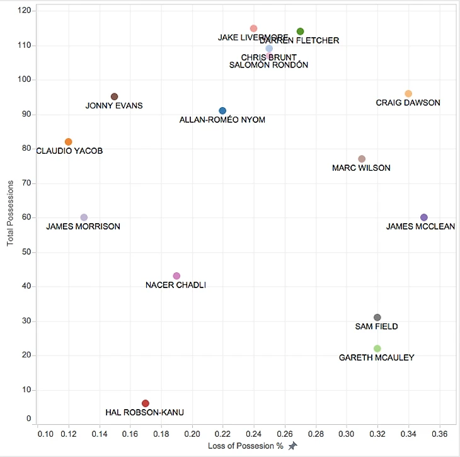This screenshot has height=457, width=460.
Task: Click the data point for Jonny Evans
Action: pyautogui.click(x=115, y=96)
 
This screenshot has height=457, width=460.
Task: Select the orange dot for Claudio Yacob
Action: pyautogui.click(x=69, y=142)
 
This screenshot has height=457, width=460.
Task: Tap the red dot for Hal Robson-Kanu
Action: pyautogui.click(x=146, y=403)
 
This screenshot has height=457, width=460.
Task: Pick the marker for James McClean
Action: pyautogui.click(x=424, y=217)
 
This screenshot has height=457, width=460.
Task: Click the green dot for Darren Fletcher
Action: pyautogui.click(x=301, y=32)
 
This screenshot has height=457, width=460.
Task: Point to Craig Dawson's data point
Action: pyautogui.click(x=408, y=94)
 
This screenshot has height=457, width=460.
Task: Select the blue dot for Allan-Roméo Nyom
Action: pyautogui.click(x=222, y=111)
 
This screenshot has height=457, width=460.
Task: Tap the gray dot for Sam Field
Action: pyautogui.click(x=377, y=318)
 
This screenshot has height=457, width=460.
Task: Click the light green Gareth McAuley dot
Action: pyautogui.click(x=377, y=349)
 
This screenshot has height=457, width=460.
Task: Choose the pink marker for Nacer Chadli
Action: pyautogui.click(x=176, y=276)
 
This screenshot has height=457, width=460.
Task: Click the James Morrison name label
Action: pyautogui.click(x=83, y=227)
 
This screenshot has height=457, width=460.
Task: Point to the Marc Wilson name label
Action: pyautogui.click(x=361, y=168)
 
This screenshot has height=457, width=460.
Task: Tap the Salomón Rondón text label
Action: pyautogui.click(x=268, y=65)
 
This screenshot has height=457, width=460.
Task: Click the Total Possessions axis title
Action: pyautogui.click(x=10, y=212)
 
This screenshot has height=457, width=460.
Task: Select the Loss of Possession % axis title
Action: pyautogui.click(x=246, y=446)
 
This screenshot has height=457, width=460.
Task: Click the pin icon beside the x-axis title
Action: pyautogui.click(x=292, y=446)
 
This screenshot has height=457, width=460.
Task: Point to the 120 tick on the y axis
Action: pyautogui.click(x=23, y=11)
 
